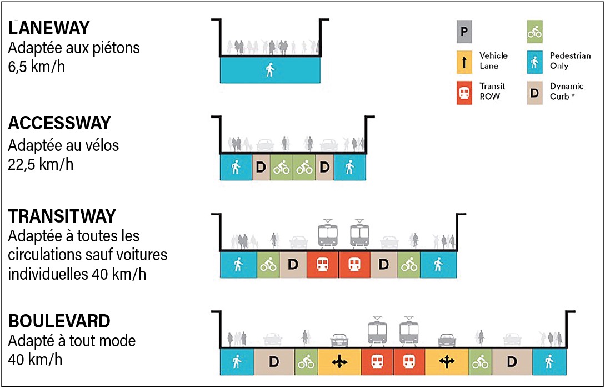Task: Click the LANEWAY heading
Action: point(49,28)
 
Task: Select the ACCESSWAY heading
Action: point(59,123)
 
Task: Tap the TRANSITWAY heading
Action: point(62,216)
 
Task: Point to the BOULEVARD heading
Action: point(59,321)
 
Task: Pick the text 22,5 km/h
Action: point(41,165)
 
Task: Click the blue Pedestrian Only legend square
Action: point(534,60)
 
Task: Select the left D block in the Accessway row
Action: point(261,167)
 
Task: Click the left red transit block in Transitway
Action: point(322,265)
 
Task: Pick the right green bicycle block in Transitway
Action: point(409,265)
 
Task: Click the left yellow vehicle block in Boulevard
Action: point(339,362)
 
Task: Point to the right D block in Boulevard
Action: point(512,362)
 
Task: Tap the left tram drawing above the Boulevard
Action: point(378,332)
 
